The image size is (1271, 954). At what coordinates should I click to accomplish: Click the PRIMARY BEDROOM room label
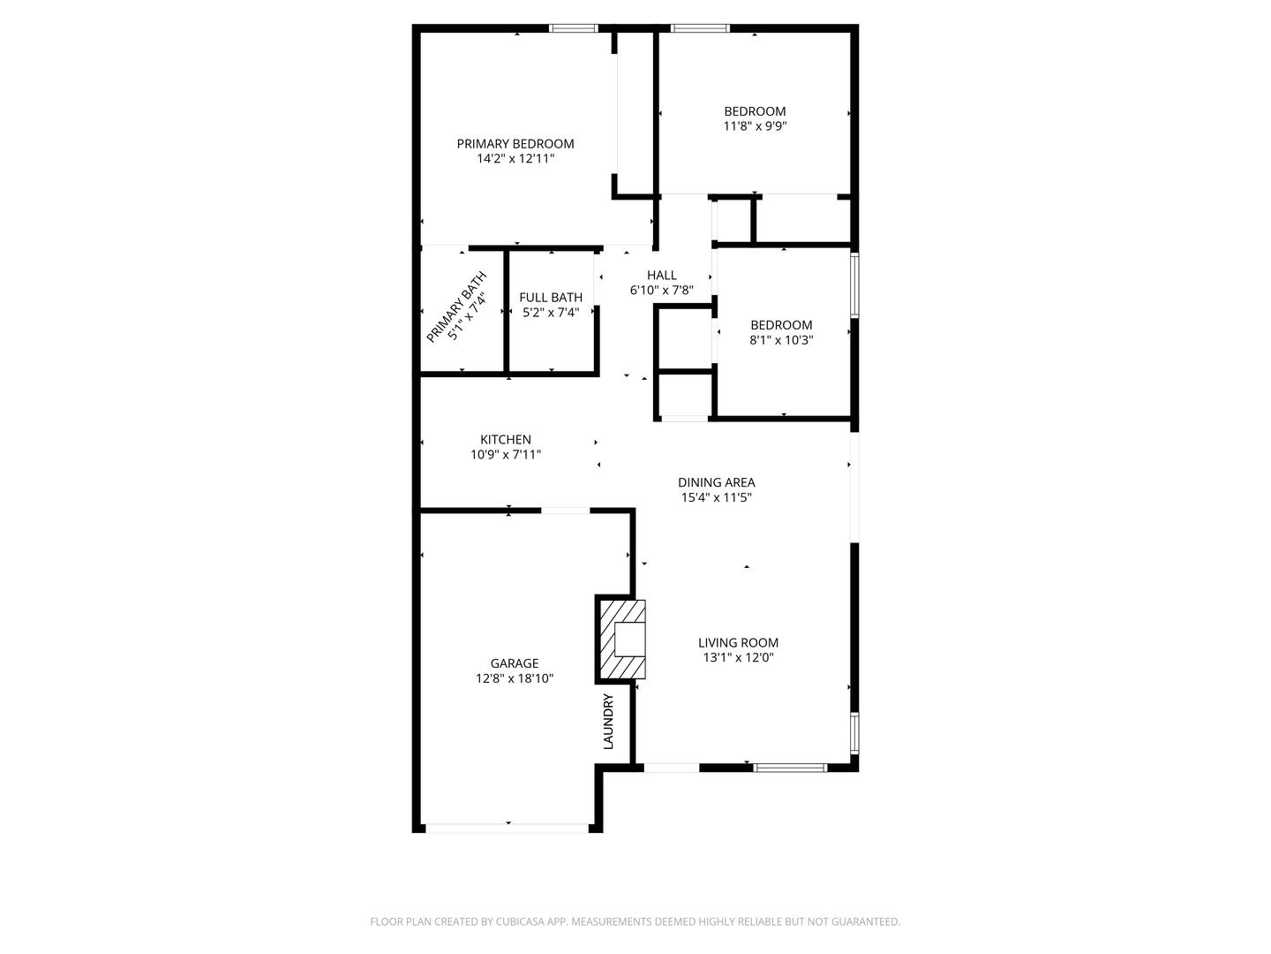pyautogui.click(x=515, y=144)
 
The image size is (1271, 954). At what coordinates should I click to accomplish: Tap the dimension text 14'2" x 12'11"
pyautogui.click(x=515, y=159)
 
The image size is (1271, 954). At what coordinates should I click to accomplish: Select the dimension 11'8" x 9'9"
pyautogui.click(x=755, y=126)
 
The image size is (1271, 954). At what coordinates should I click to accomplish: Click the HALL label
pyautogui.click(x=661, y=275)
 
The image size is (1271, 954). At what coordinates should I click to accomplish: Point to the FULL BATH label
pyautogui.click(x=551, y=298)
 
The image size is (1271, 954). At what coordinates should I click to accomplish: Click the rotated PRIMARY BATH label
pyautogui.click(x=456, y=307)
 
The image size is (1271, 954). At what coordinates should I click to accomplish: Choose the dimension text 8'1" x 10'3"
pyautogui.click(x=781, y=340)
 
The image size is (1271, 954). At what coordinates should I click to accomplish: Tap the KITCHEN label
pyautogui.click(x=506, y=440)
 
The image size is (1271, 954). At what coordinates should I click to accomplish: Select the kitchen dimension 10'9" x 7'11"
pyautogui.click(x=506, y=455)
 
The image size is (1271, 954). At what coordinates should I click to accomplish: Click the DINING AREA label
pyautogui.click(x=716, y=482)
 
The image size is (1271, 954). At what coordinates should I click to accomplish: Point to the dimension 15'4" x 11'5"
pyautogui.click(x=716, y=497)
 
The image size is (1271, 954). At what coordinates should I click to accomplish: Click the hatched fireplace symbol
pyautogui.click(x=622, y=640)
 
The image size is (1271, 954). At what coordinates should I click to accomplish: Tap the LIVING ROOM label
pyautogui.click(x=738, y=643)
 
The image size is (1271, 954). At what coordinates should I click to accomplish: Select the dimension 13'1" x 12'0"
pyautogui.click(x=738, y=658)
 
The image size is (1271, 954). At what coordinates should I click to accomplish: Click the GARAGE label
pyautogui.click(x=515, y=663)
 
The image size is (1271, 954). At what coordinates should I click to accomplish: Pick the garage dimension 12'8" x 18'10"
pyautogui.click(x=515, y=678)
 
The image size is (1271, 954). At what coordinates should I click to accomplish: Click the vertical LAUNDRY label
pyautogui.click(x=608, y=722)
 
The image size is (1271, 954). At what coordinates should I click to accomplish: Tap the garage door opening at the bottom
pyautogui.click(x=508, y=828)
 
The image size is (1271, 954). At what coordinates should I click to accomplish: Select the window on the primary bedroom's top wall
pyautogui.click(x=574, y=28)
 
